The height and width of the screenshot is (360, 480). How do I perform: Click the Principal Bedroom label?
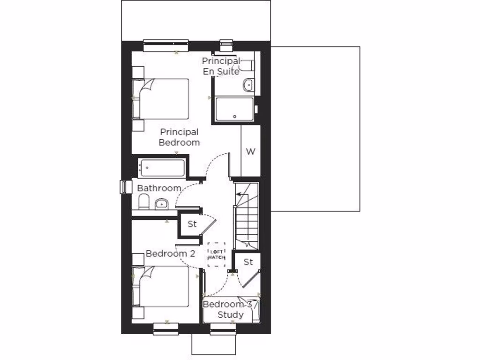(179, 137)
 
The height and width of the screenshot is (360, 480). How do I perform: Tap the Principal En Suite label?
(221, 66)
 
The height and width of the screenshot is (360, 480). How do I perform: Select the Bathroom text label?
(159, 188)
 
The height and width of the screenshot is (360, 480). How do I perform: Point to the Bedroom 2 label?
(170, 254)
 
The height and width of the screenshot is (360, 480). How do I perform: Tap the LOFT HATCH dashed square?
(217, 255)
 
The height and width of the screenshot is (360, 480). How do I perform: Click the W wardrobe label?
(251, 151)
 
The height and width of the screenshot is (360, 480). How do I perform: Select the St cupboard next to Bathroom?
(192, 224)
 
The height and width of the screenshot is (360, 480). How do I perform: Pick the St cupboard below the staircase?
(248, 262)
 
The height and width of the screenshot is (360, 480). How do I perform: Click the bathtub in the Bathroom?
(161, 167)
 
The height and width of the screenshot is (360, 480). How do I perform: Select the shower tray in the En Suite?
(234, 109)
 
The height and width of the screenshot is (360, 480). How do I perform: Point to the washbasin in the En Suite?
(248, 85)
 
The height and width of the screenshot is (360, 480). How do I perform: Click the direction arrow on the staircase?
(241, 193)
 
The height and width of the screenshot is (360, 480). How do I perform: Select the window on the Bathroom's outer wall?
(124, 186)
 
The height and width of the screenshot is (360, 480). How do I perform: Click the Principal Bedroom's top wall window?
(165, 45)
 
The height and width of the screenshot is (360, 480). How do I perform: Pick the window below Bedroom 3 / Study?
(223, 330)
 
